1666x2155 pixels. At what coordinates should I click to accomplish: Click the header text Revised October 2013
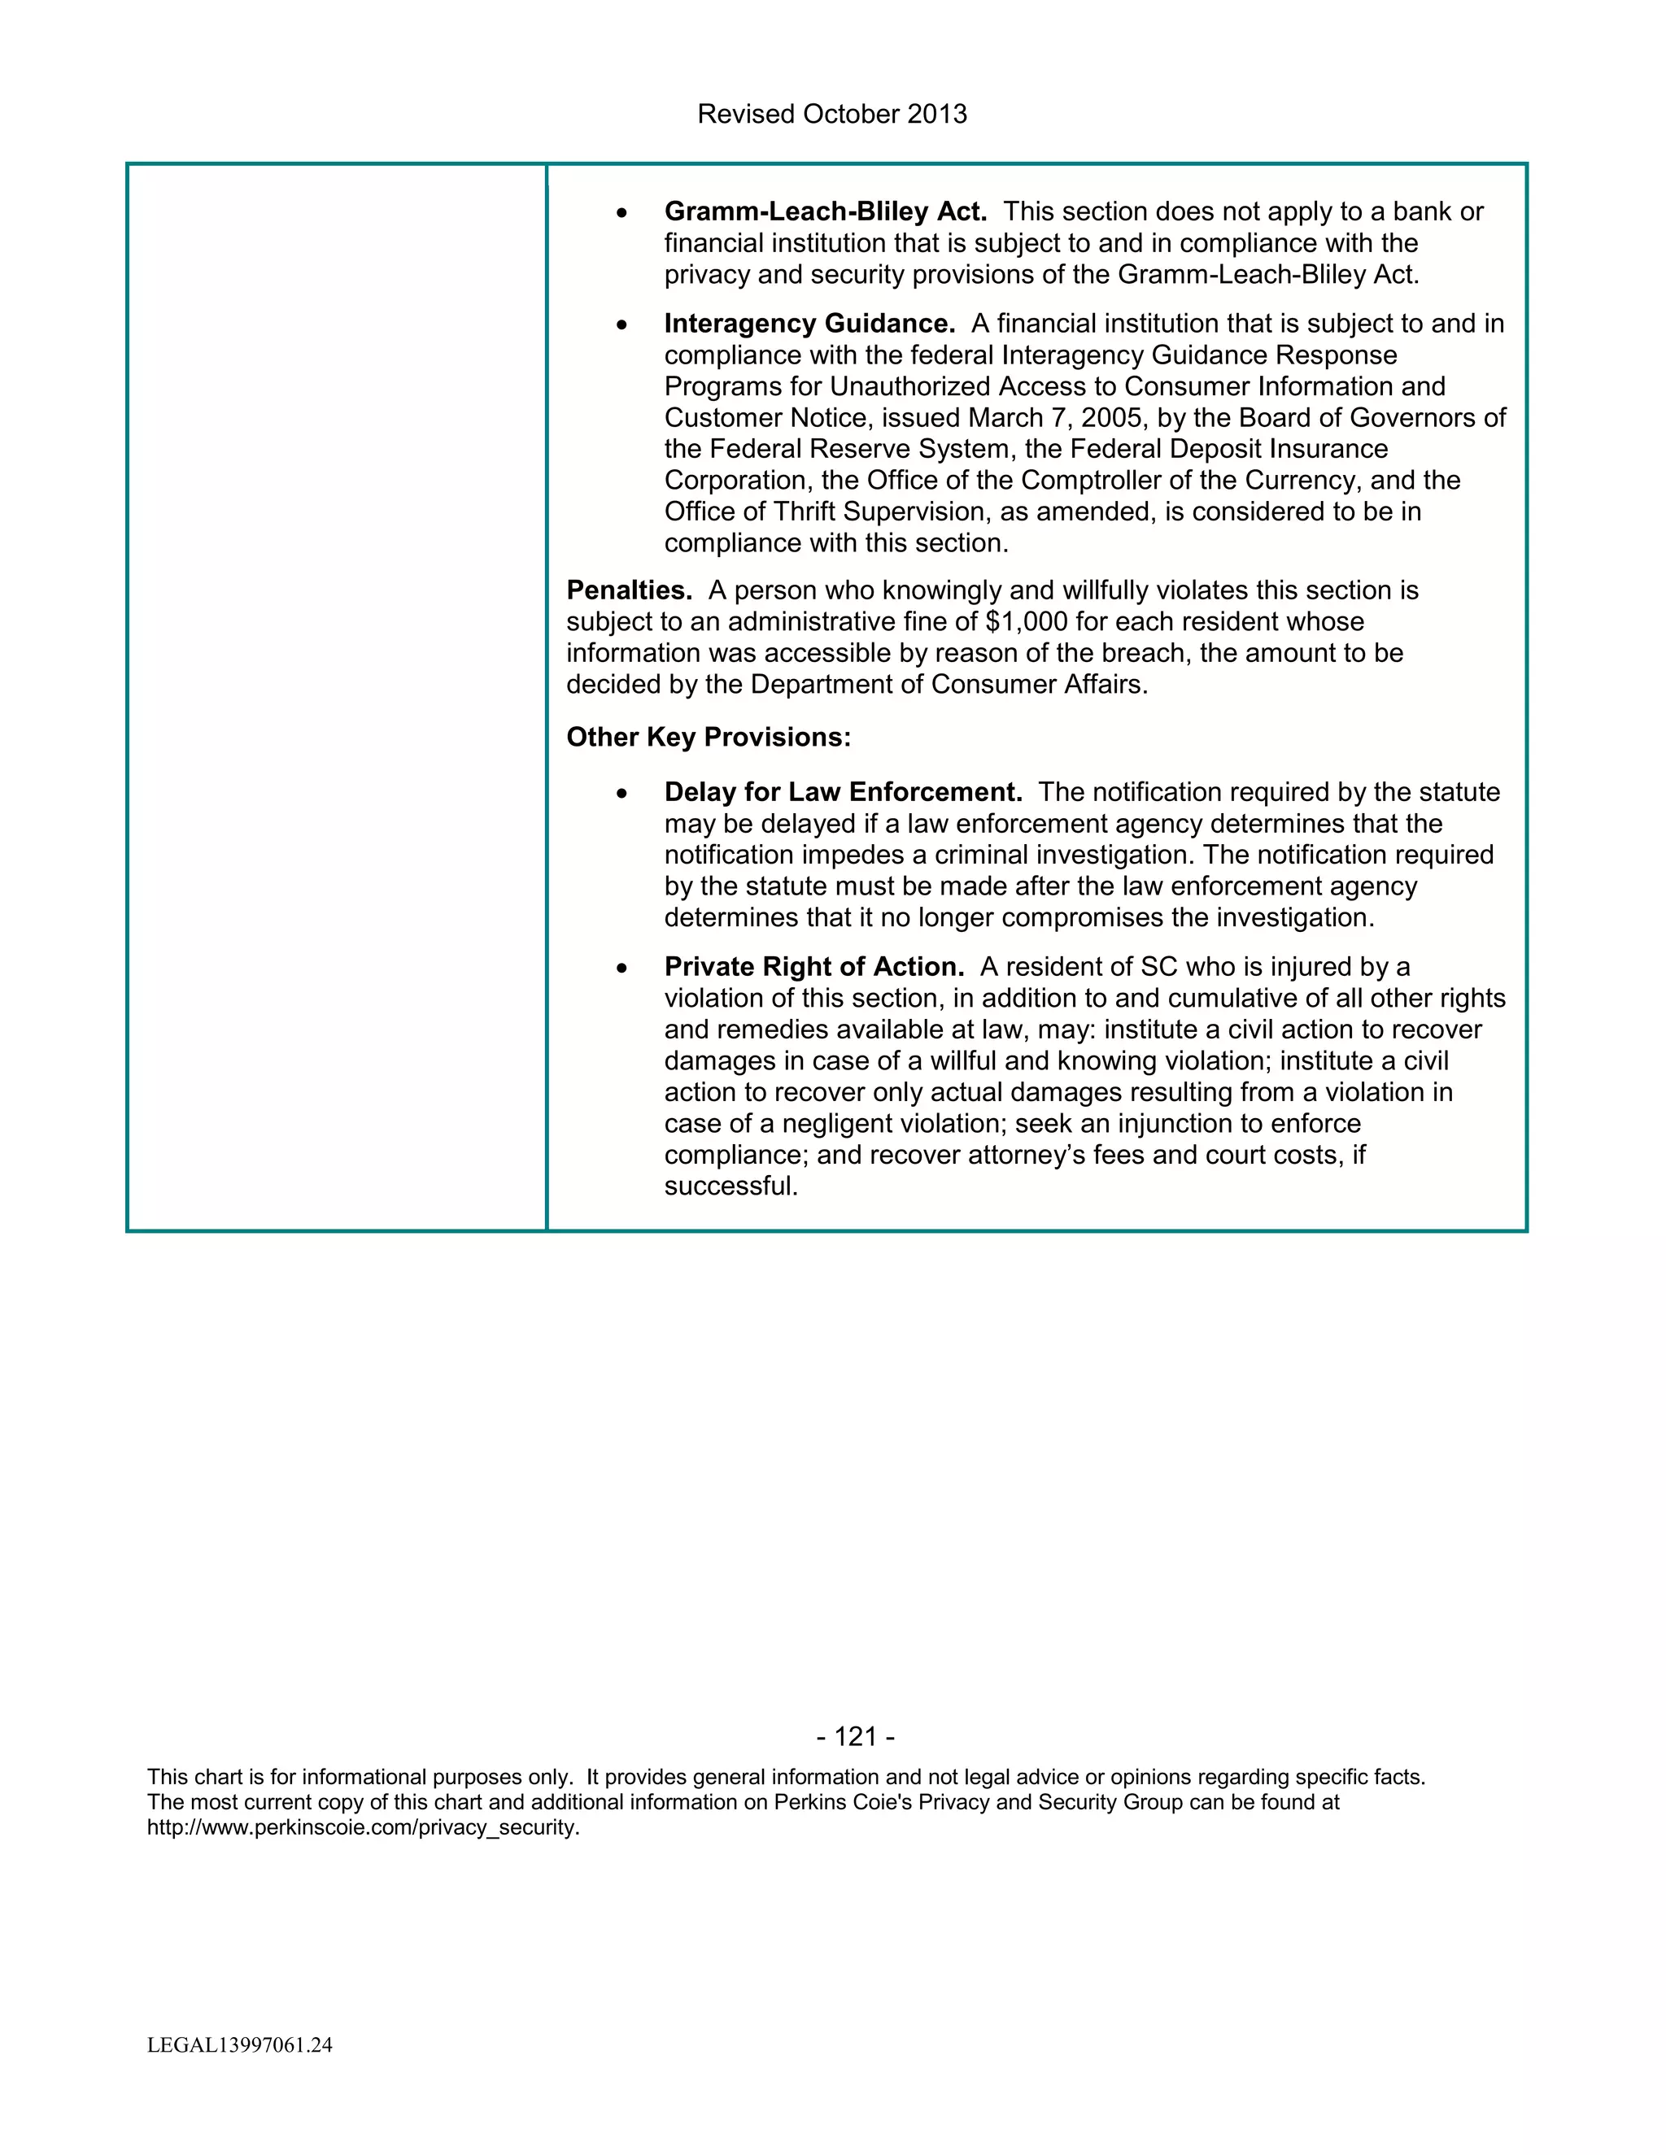[x=832, y=115]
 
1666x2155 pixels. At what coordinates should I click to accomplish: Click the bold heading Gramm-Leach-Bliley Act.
[x=825, y=211]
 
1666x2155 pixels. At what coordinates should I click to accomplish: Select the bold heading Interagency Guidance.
[x=809, y=324]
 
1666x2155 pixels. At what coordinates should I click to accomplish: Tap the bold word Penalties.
[x=629, y=590]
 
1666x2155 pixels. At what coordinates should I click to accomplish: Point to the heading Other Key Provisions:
[x=708, y=737]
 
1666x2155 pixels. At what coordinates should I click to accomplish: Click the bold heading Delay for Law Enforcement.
[x=843, y=792]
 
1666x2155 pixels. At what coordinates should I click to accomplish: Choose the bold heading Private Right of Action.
[x=814, y=967]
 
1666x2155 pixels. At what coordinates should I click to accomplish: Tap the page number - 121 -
[x=856, y=1737]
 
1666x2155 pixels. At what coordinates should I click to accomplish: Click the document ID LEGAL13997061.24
[x=240, y=2045]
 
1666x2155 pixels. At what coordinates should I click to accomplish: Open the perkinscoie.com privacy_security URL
[x=363, y=1827]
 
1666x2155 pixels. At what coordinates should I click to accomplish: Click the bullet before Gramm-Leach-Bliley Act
[x=621, y=213]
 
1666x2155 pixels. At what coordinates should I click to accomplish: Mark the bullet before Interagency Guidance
[x=621, y=325]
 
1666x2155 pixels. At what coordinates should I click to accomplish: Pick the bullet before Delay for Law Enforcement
[x=621, y=795]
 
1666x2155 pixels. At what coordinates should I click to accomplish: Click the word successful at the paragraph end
[x=731, y=1186]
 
